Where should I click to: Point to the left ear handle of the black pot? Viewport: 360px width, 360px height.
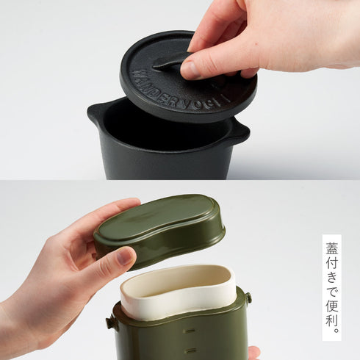coord(96,112)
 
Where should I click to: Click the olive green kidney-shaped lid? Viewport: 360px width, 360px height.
coord(159,229)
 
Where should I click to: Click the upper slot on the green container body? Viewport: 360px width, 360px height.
coord(190,331)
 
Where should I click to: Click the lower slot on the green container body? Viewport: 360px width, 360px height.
coord(190,350)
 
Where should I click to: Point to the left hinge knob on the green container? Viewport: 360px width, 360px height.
coord(111,323)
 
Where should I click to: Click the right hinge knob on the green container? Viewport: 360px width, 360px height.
coord(248,298)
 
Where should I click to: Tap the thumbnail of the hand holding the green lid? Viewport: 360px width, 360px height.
coord(124,256)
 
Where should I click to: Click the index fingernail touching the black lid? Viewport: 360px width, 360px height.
coord(189,70)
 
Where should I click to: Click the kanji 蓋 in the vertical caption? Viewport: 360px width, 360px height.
coord(332,248)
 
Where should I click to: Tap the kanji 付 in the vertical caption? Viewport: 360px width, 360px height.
coord(332,263)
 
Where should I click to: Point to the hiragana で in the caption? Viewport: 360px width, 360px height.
coord(332,292)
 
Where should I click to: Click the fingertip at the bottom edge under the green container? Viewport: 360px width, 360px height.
coord(254,353)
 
